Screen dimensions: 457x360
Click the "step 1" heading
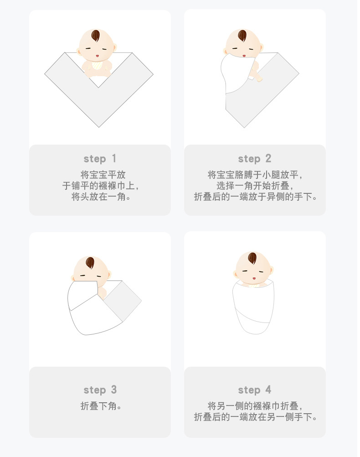[x=100, y=159]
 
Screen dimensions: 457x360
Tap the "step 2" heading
[x=254, y=159]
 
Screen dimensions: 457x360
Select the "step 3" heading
[x=100, y=390]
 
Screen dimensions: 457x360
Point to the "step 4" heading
[x=254, y=390]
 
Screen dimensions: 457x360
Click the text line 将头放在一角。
[x=100, y=197]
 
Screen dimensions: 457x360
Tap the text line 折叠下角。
[x=100, y=406]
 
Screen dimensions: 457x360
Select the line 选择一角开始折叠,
[x=255, y=186]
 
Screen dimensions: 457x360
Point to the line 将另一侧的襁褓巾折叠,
[x=255, y=406]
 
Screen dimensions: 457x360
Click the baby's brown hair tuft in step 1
[x=96, y=36]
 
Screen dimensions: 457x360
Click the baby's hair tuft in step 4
[x=253, y=259]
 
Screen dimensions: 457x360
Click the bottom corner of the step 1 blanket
[x=99, y=126]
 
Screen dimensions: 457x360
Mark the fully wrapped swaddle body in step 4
[x=253, y=308]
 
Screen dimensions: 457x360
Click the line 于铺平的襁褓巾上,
[x=100, y=186]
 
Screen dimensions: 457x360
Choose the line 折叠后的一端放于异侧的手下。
[x=255, y=197]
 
